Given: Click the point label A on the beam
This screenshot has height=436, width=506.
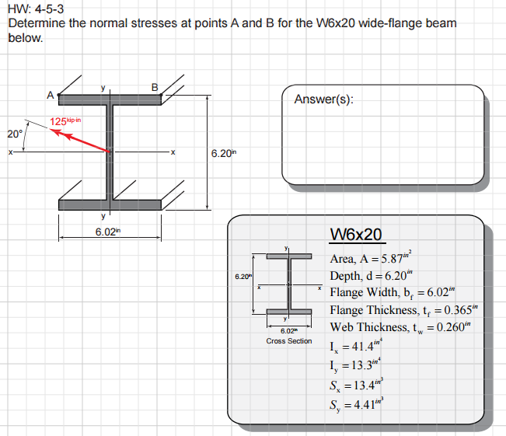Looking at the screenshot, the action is pos(50,95).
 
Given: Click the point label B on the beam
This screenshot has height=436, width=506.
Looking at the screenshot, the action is pos(155,88).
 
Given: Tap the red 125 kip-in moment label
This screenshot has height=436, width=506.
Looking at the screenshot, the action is pos(65,121).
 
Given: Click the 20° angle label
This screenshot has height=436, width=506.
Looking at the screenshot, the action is pos(15,134).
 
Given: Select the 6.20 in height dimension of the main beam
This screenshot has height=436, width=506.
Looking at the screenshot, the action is pos(224,153).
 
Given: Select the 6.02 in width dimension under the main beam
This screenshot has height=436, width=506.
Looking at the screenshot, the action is pos(108,232).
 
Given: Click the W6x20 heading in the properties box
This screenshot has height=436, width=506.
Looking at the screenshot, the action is pos(356,234).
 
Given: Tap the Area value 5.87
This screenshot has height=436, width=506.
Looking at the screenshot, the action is pos(392,259).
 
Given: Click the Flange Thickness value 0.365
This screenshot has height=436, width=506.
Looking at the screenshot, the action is pos(459,310).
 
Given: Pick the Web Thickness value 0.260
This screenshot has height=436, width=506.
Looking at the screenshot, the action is pos(451,327).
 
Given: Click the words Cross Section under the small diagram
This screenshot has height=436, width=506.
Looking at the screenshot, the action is pos(289,341).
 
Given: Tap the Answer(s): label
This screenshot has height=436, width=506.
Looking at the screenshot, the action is pos(323,99).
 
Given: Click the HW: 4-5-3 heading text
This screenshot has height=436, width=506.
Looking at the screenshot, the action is pos(36,9).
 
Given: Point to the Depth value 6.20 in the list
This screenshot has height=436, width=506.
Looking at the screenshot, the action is pos(396,276).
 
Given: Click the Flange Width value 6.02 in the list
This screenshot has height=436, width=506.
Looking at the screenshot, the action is pos(438,292).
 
